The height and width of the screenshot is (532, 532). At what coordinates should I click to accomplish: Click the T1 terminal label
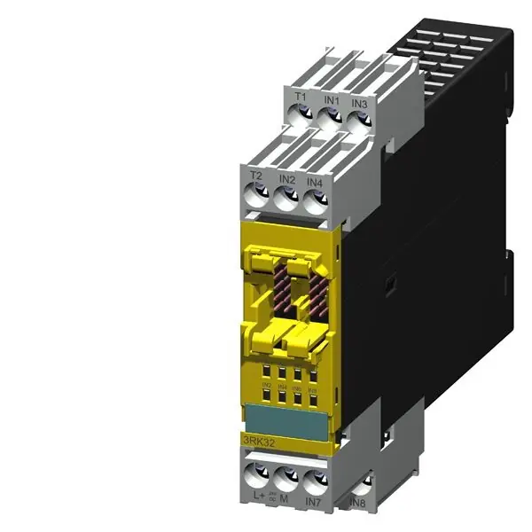(301, 97)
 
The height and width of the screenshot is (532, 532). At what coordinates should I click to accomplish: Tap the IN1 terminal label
(331, 100)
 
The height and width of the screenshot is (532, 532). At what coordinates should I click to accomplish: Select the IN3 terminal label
(358, 104)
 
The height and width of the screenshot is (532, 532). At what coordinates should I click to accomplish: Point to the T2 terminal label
(256, 176)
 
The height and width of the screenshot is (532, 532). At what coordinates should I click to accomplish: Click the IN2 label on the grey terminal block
(286, 179)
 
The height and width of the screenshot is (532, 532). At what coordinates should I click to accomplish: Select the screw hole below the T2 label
(256, 194)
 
